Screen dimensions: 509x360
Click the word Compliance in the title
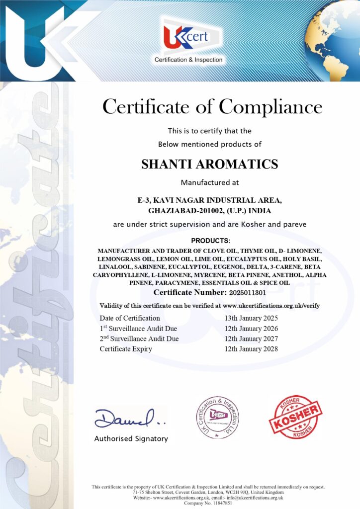270,107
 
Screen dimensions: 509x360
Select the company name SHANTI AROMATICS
210,164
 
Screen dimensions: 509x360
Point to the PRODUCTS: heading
210,241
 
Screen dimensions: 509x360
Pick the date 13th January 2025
251,318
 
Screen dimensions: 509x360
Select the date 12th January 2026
251,329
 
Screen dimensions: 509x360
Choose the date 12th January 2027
251,339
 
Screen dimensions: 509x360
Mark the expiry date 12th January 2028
251,349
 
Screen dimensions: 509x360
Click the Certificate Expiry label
126,349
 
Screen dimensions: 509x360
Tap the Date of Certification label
130,318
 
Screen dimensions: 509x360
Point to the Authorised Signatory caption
131,439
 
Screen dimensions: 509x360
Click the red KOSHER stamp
295,417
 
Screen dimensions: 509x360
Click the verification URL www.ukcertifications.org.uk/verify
271,305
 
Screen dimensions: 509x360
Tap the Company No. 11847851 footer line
208,503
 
